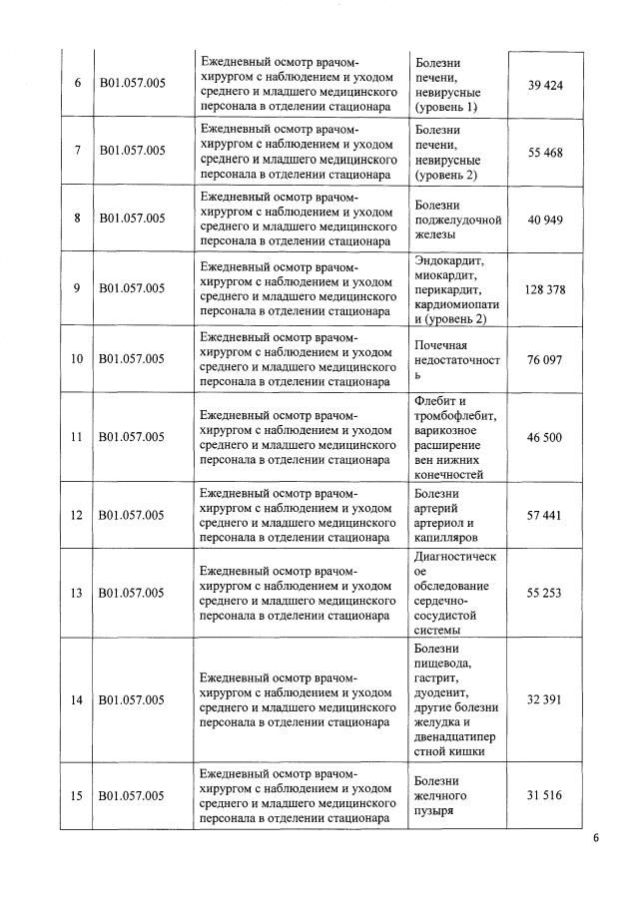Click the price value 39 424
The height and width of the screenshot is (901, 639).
click(545, 85)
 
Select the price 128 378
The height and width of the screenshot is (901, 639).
click(545, 289)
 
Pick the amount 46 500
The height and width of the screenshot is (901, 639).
click(545, 437)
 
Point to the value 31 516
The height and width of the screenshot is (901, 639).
click(545, 794)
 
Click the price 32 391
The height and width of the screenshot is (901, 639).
click(545, 699)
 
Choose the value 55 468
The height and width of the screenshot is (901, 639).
click(545, 150)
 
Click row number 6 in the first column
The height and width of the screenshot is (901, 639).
click(77, 85)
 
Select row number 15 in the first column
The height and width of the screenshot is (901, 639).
click(77, 794)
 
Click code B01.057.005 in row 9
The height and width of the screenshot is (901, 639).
click(132, 289)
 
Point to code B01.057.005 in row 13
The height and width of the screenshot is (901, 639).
click(132, 593)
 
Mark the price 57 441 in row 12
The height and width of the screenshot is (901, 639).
click(545, 515)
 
